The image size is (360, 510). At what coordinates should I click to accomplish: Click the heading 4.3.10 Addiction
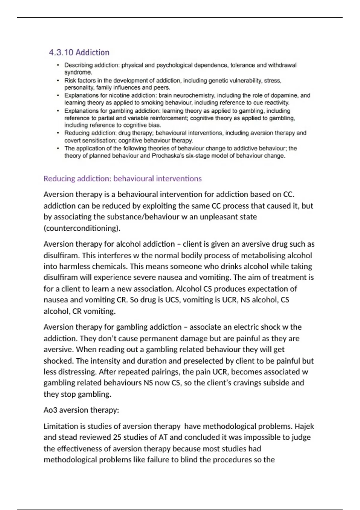pos(79,52)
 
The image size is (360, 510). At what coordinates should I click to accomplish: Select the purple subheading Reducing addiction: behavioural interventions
pos(122,178)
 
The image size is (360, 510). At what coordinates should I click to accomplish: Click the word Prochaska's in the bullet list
pos(168,156)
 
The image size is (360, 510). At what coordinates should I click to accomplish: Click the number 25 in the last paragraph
pos(117,437)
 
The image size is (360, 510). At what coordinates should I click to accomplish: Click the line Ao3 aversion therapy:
pos(81,410)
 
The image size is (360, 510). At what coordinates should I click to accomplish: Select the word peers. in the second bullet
pos(162,88)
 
